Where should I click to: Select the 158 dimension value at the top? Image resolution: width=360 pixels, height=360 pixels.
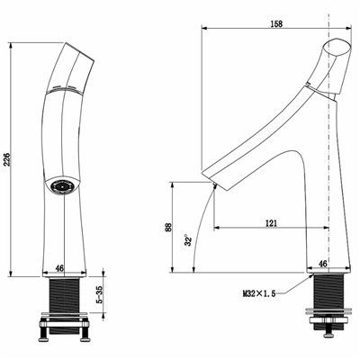tap(276, 23)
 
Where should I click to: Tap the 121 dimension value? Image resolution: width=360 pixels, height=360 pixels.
tap(271, 223)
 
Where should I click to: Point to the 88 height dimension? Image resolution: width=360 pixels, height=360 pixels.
tap(168, 227)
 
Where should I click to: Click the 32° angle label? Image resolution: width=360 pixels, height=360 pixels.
tap(188, 240)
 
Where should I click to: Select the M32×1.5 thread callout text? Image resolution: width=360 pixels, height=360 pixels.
tap(259, 293)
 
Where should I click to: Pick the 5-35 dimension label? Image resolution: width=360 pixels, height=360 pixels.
tap(100, 294)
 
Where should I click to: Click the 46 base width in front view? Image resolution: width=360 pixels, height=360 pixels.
tap(60, 268)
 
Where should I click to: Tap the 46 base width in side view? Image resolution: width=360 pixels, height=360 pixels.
tap(322, 264)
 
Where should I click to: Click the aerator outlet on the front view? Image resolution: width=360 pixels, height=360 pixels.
tap(63, 186)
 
